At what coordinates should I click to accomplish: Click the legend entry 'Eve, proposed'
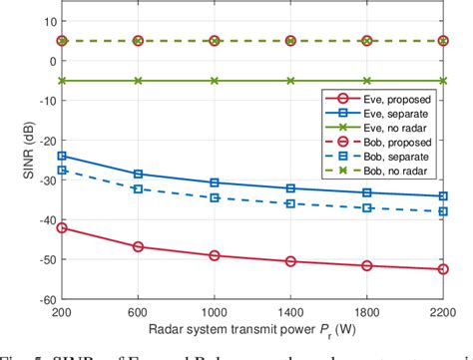pyautogui.click(x=395, y=100)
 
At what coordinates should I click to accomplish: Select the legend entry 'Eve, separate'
pyautogui.click(x=395, y=115)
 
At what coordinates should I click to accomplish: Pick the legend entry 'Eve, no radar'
pyautogui.click(x=395, y=129)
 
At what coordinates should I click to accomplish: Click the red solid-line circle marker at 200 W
pyautogui.click(x=62, y=227)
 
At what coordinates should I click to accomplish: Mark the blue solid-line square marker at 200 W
pyautogui.click(x=62, y=156)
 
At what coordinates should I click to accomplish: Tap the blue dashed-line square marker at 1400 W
pyautogui.click(x=290, y=203)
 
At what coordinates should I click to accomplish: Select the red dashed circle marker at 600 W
pyautogui.click(x=138, y=41)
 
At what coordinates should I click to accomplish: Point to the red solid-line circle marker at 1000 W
pyautogui.click(x=215, y=255)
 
